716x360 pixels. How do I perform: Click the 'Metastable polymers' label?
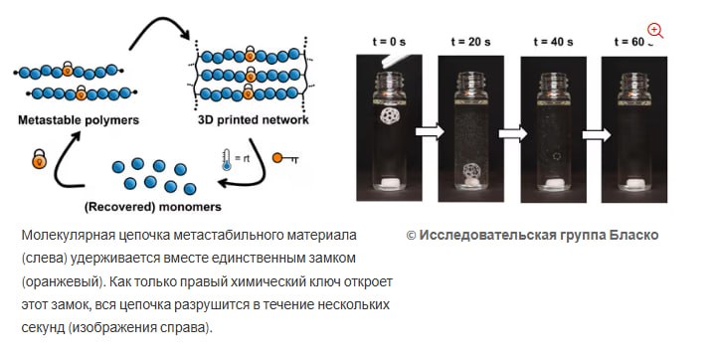click(x=79, y=120)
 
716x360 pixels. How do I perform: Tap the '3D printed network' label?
click(x=254, y=120)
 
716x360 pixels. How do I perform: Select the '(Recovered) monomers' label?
click(x=153, y=207)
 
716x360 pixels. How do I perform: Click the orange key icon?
click(x=285, y=158)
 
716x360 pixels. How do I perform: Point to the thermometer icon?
click(x=227, y=160)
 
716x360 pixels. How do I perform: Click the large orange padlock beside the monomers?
click(x=40, y=158)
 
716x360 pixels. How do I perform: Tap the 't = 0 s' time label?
click(x=389, y=42)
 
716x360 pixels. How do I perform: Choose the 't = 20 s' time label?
click(x=470, y=42)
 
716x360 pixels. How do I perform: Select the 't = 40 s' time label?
click(x=554, y=42)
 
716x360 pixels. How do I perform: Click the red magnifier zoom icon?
click(x=655, y=31)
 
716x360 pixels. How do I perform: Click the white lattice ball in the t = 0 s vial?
click(x=390, y=115)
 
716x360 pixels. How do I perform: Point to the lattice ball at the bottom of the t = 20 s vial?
click(x=471, y=171)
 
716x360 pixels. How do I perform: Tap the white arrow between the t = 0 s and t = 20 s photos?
click(x=430, y=132)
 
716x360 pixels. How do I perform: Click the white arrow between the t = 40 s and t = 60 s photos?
click(x=597, y=135)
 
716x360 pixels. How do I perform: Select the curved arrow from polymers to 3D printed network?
click(x=160, y=28)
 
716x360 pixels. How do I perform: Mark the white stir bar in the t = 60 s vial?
click(x=633, y=184)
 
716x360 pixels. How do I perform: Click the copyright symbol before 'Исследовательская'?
click(x=411, y=236)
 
